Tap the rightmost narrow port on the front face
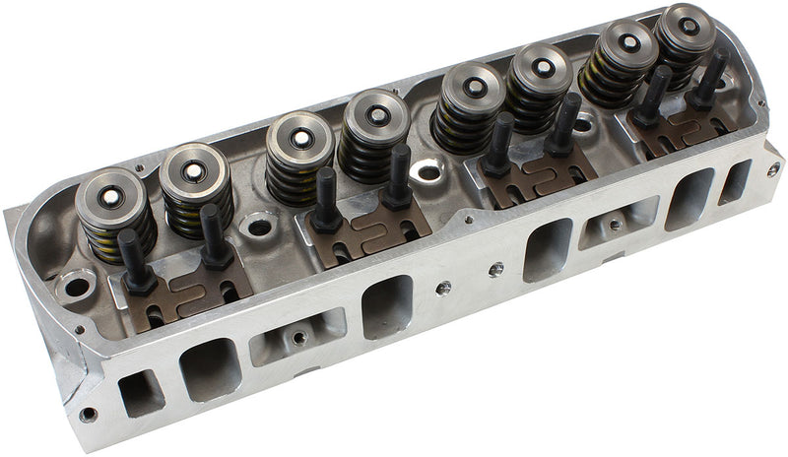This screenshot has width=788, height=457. [x=734, y=181]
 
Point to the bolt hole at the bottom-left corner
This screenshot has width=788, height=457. [x=88, y=415]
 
